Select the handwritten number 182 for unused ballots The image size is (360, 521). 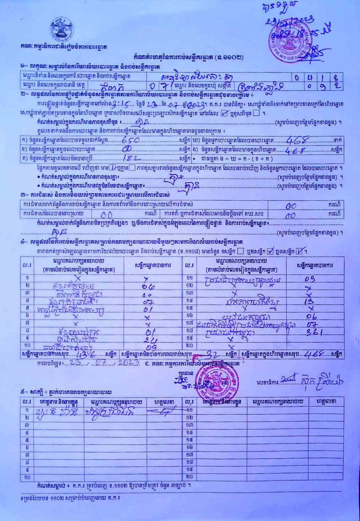click(130, 158)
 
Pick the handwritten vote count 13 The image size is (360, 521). click(308, 302)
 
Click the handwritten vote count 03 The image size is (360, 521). click(310, 279)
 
